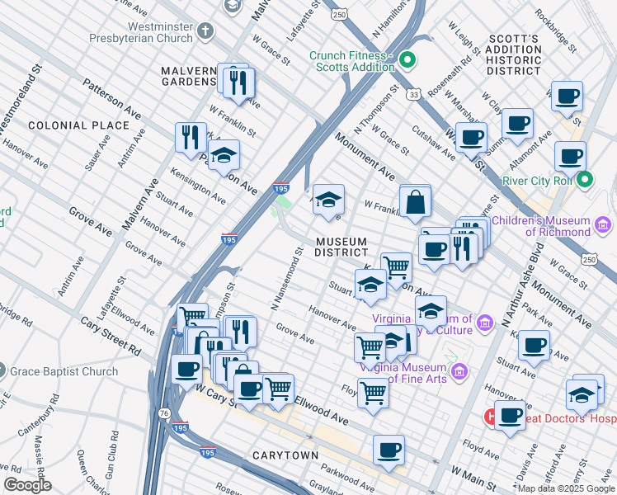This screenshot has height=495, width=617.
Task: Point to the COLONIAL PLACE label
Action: point(78,125)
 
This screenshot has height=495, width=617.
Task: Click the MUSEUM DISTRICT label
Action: point(341,246)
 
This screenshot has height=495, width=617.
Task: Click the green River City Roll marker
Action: point(586,180)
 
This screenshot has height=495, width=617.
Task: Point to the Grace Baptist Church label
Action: point(64,372)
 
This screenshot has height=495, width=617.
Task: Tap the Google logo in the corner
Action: point(27,485)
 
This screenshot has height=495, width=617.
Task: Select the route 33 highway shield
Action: point(413,95)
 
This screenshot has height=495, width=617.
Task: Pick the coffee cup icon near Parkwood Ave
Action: point(389,450)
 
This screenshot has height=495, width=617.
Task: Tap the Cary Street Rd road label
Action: point(111,337)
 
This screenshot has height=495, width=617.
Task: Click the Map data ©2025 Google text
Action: point(566,488)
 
